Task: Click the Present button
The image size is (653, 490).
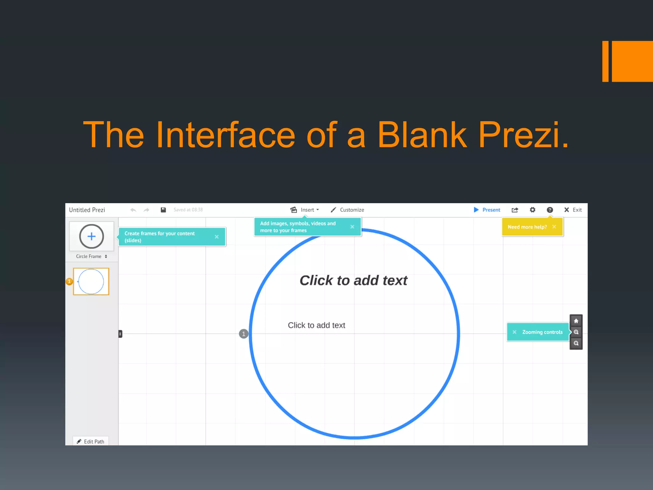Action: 487,210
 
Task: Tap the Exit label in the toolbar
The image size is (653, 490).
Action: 577,210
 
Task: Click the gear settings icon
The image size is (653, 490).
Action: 532,210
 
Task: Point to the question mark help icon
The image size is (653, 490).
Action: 550,210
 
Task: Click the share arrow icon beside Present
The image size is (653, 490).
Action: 515,210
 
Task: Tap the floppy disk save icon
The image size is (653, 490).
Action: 163,210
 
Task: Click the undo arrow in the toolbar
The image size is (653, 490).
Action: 133,210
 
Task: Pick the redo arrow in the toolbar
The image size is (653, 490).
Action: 146,210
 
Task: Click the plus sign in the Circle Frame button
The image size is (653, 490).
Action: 92,236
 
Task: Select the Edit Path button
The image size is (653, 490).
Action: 91,442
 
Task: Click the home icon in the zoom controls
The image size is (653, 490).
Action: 576,321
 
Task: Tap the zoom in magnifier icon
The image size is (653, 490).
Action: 576,332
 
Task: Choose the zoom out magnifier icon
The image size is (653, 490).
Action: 576,343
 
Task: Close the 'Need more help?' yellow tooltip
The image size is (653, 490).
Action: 554,227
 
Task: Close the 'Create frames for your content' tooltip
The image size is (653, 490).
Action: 217,237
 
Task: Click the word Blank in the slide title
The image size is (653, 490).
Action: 422,135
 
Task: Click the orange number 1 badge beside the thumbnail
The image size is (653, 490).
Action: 69,281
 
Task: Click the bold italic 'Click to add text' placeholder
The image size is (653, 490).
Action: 353,281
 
